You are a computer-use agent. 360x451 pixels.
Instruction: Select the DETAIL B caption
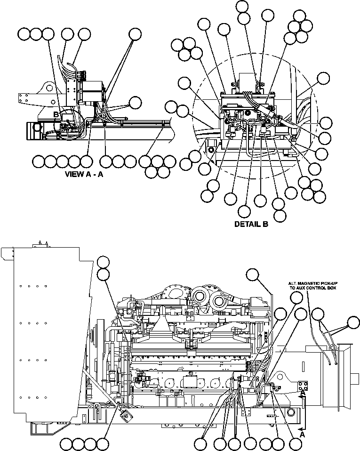click(x=251, y=225)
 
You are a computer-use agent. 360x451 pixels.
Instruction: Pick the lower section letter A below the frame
click(x=303, y=435)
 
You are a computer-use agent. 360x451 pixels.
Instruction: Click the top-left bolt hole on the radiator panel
click(x=23, y=286)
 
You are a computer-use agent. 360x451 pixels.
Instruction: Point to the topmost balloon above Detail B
click(x=242, y=6)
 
